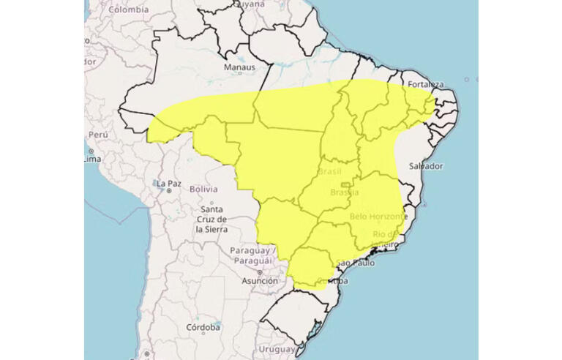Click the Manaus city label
click(x=240, y=67)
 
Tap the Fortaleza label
click(x=427, y=83)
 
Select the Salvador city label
click(x=426, y=166)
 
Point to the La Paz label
click(x=168, y=183)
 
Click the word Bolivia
click(x=203, y=189)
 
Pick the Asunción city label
click(x=260, y=280)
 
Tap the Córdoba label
click(x=203, y=327)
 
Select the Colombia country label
click(x=129, y=10)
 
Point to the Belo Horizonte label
click(x=378, y=217)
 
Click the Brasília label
click(x=345, y=192)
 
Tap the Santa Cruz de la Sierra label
click(x=211, y=220)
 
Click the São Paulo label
click(x=355, y=262)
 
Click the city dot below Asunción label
click(x=258, y=272)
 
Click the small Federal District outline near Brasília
click(x=345, y=184)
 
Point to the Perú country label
click(x=98, y=135)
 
